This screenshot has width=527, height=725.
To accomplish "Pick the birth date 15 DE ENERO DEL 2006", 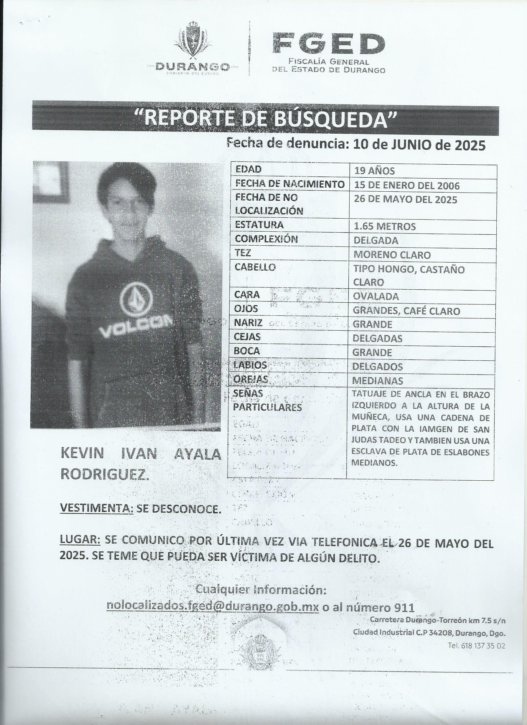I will point(406,185).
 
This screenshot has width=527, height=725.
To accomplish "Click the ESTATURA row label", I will point(259,225).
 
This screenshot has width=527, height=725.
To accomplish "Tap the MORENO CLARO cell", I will point(392,255).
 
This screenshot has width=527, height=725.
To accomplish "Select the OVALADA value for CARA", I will point(376,296).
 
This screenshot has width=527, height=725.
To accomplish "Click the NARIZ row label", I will point(248,323).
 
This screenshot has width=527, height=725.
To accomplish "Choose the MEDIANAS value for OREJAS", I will point(378,381).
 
